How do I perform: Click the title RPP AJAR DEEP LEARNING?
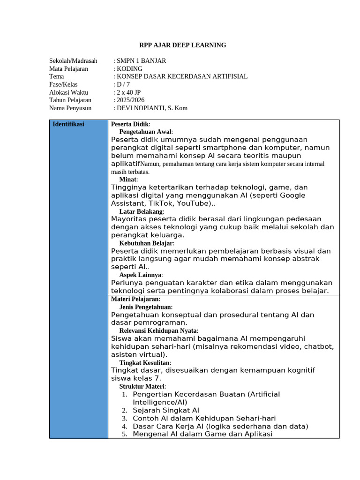183,45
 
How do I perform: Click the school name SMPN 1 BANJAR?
141,61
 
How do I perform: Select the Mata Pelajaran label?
68,69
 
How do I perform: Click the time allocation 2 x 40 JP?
128,92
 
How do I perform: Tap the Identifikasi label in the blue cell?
68,125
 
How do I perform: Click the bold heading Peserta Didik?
129,124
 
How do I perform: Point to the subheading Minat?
128,180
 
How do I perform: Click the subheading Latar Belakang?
141,211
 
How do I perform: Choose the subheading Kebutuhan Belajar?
146,243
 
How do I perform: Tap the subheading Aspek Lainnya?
140,275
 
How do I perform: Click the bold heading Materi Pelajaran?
135,299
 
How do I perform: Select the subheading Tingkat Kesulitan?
145,363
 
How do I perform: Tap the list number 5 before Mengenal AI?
125,435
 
